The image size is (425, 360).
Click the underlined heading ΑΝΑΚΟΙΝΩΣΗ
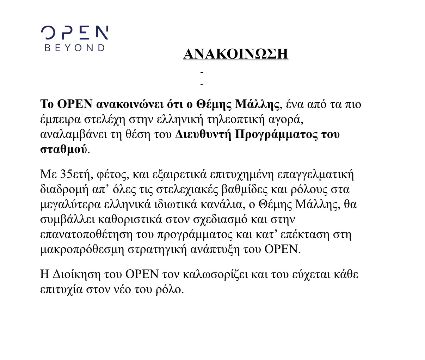pyautogui.click(x=236, y=54)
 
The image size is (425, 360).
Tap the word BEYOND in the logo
pyautogui.click(x=75, y=48)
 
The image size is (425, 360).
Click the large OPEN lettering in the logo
pyautogui.click(x=75, y=33)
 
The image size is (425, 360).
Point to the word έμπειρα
pyautogui.click(x=60, y=120)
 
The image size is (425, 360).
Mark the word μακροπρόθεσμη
pyautogui.click(x=82, y=250)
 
